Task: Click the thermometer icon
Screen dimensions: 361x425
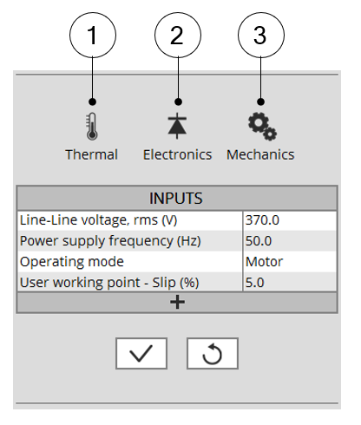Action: (92, 127)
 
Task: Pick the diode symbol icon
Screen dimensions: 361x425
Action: (177, 126)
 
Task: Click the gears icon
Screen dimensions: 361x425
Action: (262, 127)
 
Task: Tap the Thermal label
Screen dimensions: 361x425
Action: (91, 154)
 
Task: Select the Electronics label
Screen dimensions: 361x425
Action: (177, 154)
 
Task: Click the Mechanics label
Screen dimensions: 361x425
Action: (260, 154)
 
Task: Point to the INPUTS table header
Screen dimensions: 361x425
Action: (177, 198)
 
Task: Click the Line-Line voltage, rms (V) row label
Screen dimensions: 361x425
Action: (98, 220)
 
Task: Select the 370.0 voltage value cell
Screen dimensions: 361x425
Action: (290, 220)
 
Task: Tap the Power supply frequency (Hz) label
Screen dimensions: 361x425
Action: (110, 241)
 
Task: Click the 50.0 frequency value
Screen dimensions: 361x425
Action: (259, 241)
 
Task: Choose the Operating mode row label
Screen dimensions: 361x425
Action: (72, 262)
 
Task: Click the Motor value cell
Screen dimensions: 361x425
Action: (290, 262)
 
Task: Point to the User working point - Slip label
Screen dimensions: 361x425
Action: (109, 283)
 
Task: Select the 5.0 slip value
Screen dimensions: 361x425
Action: (255, 283)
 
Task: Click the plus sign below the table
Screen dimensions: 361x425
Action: (177, 303)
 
